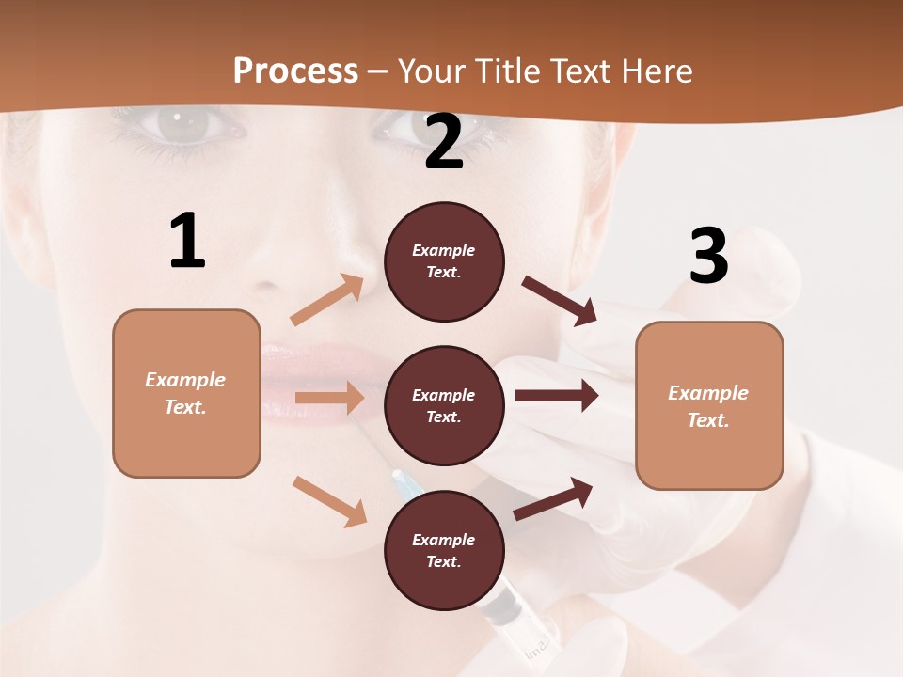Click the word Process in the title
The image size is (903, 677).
[x=295, y=71]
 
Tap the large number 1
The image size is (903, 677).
[x=187, y=242]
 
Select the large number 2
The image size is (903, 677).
[x=444, y=143]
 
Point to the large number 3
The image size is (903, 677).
[x=708, y=257]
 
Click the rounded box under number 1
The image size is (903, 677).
[x=186, y=393]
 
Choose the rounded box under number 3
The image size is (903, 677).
[x=709, y=405]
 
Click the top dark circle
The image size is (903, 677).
[x=444, y=261]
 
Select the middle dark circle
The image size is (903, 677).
[x=444, y=405]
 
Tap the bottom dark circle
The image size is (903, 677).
[x=444, y=550]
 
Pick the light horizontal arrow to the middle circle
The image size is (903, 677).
[x=329, y=398]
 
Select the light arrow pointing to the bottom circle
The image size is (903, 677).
[x=330, y=501]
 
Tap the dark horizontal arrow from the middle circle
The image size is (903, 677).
[x=557, y=395]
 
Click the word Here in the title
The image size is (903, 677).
[x=655, y=71]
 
